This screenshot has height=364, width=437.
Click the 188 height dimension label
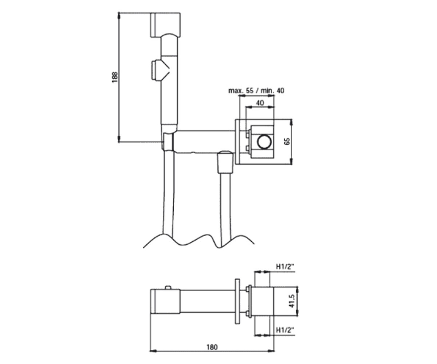pos(115,78)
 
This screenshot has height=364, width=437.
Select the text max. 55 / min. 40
pos(256,91)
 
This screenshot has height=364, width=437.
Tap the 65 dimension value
pos(287,141)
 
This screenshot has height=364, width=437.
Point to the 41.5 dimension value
pos(292,301)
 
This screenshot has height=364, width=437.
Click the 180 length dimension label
pos(212,347)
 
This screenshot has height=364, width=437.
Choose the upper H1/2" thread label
pos(285,266)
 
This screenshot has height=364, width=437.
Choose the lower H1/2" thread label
pos(285,330)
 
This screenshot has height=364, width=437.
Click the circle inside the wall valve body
pos(264,142)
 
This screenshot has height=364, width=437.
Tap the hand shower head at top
pos(165,25)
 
